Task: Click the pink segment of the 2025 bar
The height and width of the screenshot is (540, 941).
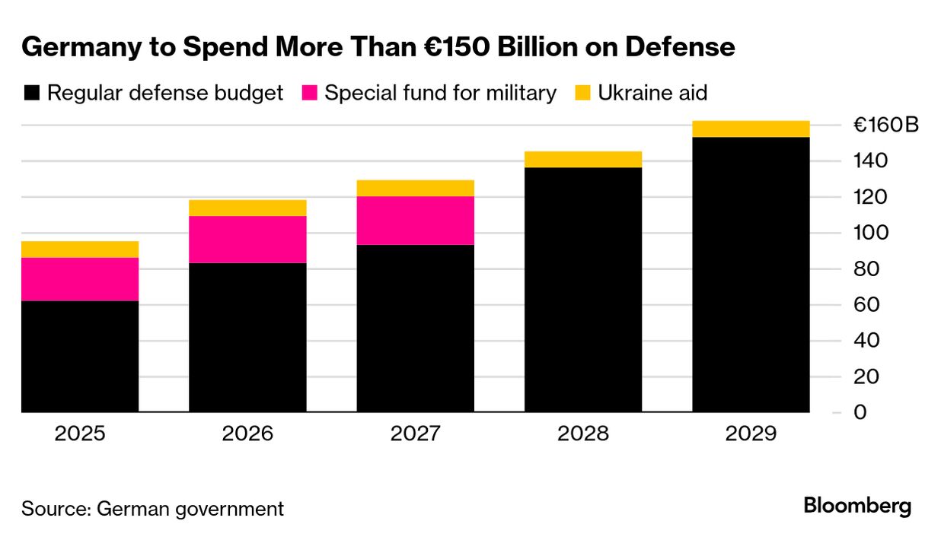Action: (80, 279)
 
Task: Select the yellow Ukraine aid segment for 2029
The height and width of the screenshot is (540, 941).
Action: (751, 129)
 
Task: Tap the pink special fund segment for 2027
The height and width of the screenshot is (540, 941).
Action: (416, 221)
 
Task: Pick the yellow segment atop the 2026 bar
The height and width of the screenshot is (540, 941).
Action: (247, 208)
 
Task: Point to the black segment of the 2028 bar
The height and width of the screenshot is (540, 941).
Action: (583, 289)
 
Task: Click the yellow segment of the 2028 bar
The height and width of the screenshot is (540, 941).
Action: (583, 159)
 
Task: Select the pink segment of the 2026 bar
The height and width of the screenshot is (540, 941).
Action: (247, 240)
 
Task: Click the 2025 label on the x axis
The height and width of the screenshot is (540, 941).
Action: (80, 434)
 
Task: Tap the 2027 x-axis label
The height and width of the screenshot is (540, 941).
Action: (416, 434)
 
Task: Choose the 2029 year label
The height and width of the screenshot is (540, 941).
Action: (751, 434)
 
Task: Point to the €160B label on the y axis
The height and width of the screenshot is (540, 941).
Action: (885, 125)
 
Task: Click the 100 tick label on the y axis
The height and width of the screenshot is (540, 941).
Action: (870, 233)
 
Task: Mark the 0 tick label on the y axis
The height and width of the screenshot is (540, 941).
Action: (860, 412)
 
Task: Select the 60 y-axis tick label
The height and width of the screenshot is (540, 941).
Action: (866, 304)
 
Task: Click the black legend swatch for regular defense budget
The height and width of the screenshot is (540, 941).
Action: (32, 94)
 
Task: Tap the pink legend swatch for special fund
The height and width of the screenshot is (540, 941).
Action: (309, 94)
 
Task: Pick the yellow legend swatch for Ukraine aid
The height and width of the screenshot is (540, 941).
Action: (582, 94)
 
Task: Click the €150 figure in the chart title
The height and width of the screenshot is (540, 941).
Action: (470, 47)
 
